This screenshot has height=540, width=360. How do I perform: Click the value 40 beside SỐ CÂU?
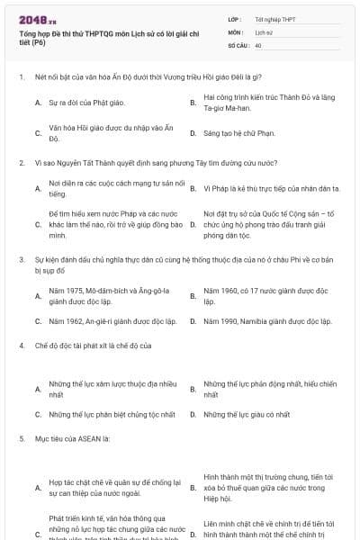coord(258,44)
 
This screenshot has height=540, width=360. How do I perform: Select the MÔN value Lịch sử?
coord(263,31)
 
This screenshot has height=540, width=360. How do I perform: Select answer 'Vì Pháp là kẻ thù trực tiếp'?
coord(271,188)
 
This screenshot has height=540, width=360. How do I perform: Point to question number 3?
coord(21,259)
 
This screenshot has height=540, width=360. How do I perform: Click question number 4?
coord(21,345)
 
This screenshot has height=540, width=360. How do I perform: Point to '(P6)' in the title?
coord(41,40)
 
